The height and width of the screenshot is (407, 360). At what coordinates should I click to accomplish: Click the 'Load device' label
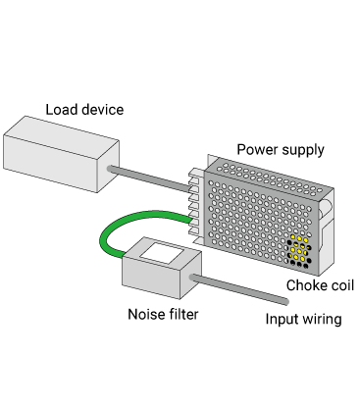[84, 110]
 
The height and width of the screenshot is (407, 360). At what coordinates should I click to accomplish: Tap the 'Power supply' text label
[281, 150]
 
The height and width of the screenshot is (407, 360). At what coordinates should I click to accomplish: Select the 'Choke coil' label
[320, 285]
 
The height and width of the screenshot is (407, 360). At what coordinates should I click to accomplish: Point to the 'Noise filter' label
[163, 314]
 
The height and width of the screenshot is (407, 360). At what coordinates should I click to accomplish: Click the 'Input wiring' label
[303, 319]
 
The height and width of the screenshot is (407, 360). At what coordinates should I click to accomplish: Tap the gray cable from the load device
[149, 178]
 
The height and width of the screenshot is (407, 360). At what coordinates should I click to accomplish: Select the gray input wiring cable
[238, 289]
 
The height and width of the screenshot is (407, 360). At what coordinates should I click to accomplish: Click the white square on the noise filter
[162, 252]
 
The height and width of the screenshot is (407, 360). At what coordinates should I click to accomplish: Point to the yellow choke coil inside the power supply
[299, 250]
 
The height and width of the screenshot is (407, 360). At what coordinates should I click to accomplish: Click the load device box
[61, 154]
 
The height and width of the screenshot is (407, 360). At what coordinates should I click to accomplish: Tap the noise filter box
[162, 268]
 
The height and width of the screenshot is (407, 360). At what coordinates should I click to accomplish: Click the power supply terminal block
[196, 204]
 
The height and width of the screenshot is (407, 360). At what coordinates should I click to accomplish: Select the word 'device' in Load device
[103, 110]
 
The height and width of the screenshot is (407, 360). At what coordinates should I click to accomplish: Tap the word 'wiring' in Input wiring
[322, 320]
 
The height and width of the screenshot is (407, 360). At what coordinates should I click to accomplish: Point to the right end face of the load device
[108, 167]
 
